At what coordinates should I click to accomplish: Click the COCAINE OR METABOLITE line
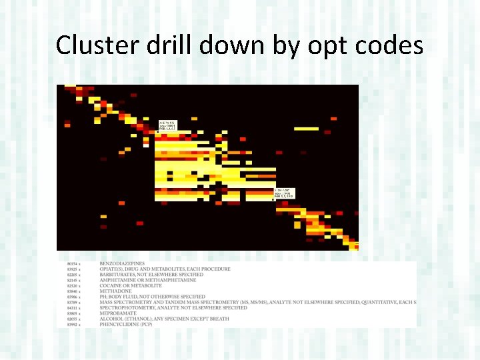(x=129, y=286)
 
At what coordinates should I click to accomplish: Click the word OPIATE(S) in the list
(x=111, y=269)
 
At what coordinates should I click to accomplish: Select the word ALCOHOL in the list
(x=110, y=319)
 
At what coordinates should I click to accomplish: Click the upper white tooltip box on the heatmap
(x=167, y=125)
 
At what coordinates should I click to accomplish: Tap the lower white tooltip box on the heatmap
(x=285, y=194)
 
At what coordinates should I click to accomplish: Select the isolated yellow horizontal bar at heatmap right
(x=306, y=129)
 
